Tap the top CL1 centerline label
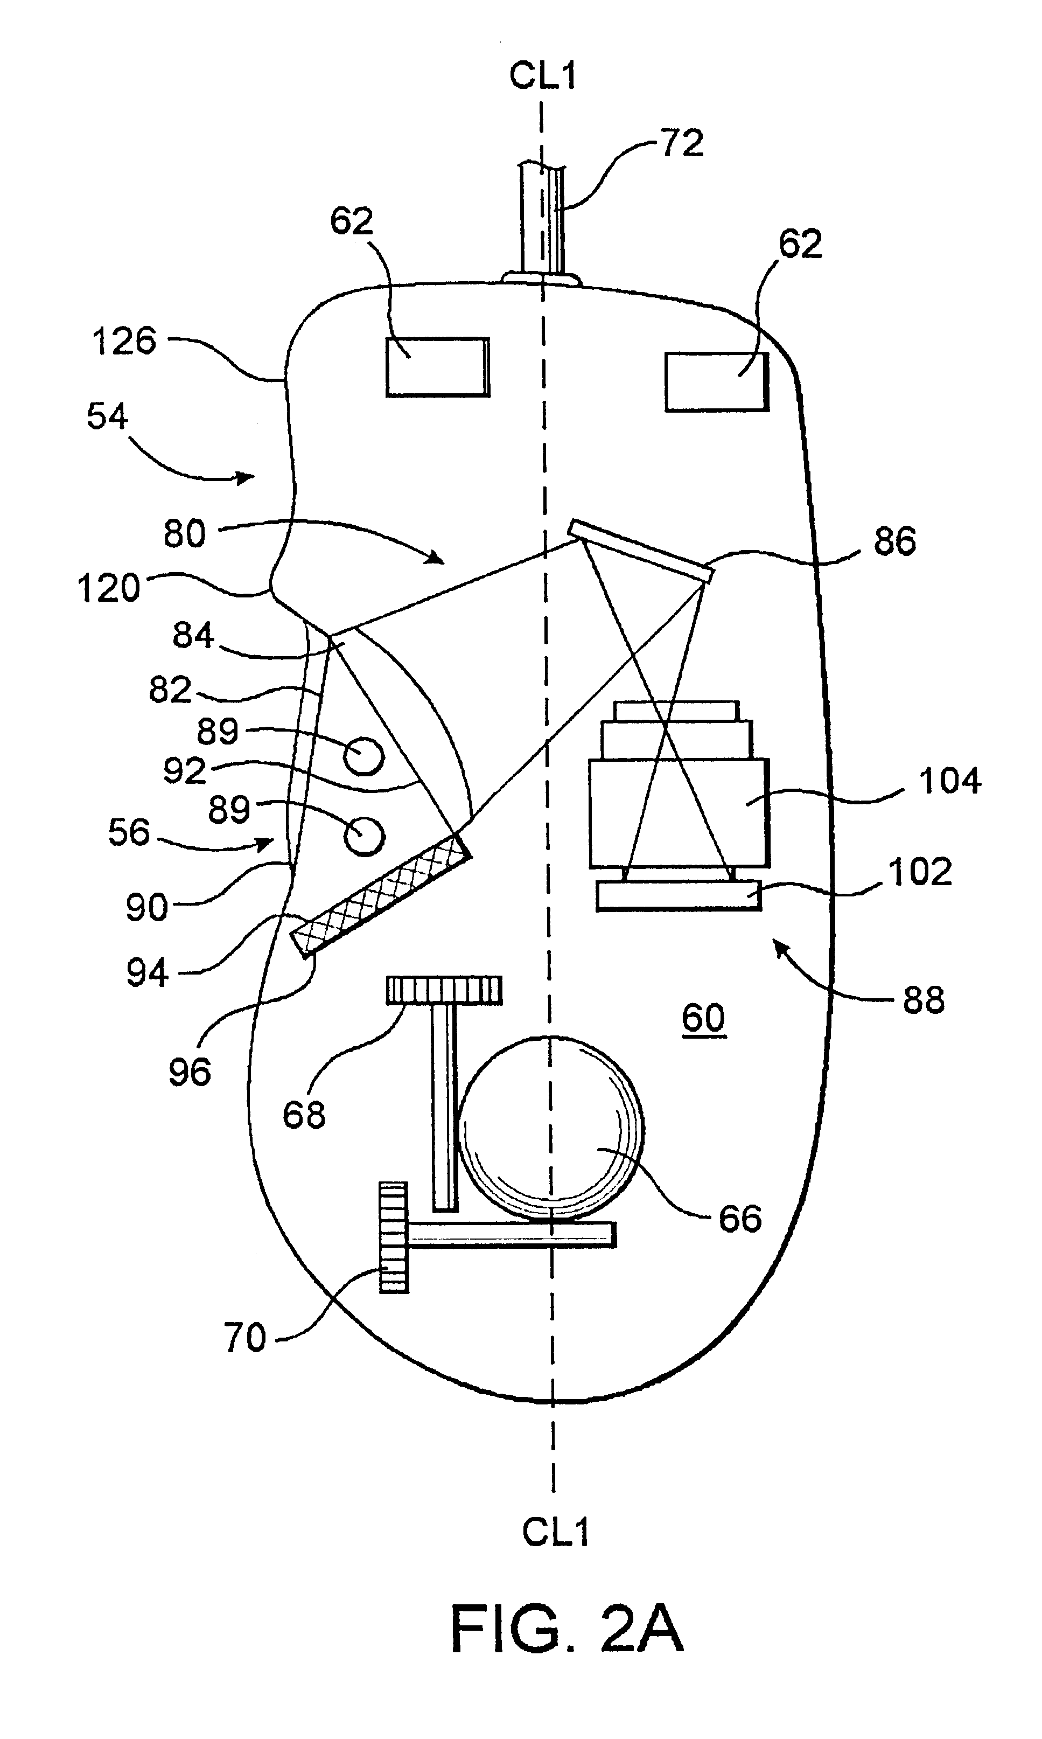[x=543, y=75]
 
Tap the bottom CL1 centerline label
[x=555, y=1531]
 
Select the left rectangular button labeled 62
[x=437, y=367]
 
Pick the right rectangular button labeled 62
[x=717, y=381]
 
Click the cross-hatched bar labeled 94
[x=381, y=894]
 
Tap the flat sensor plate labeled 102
[x=679, y=895]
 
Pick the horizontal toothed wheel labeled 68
[x=444, y=990]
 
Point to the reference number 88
[x=924, y=999]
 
